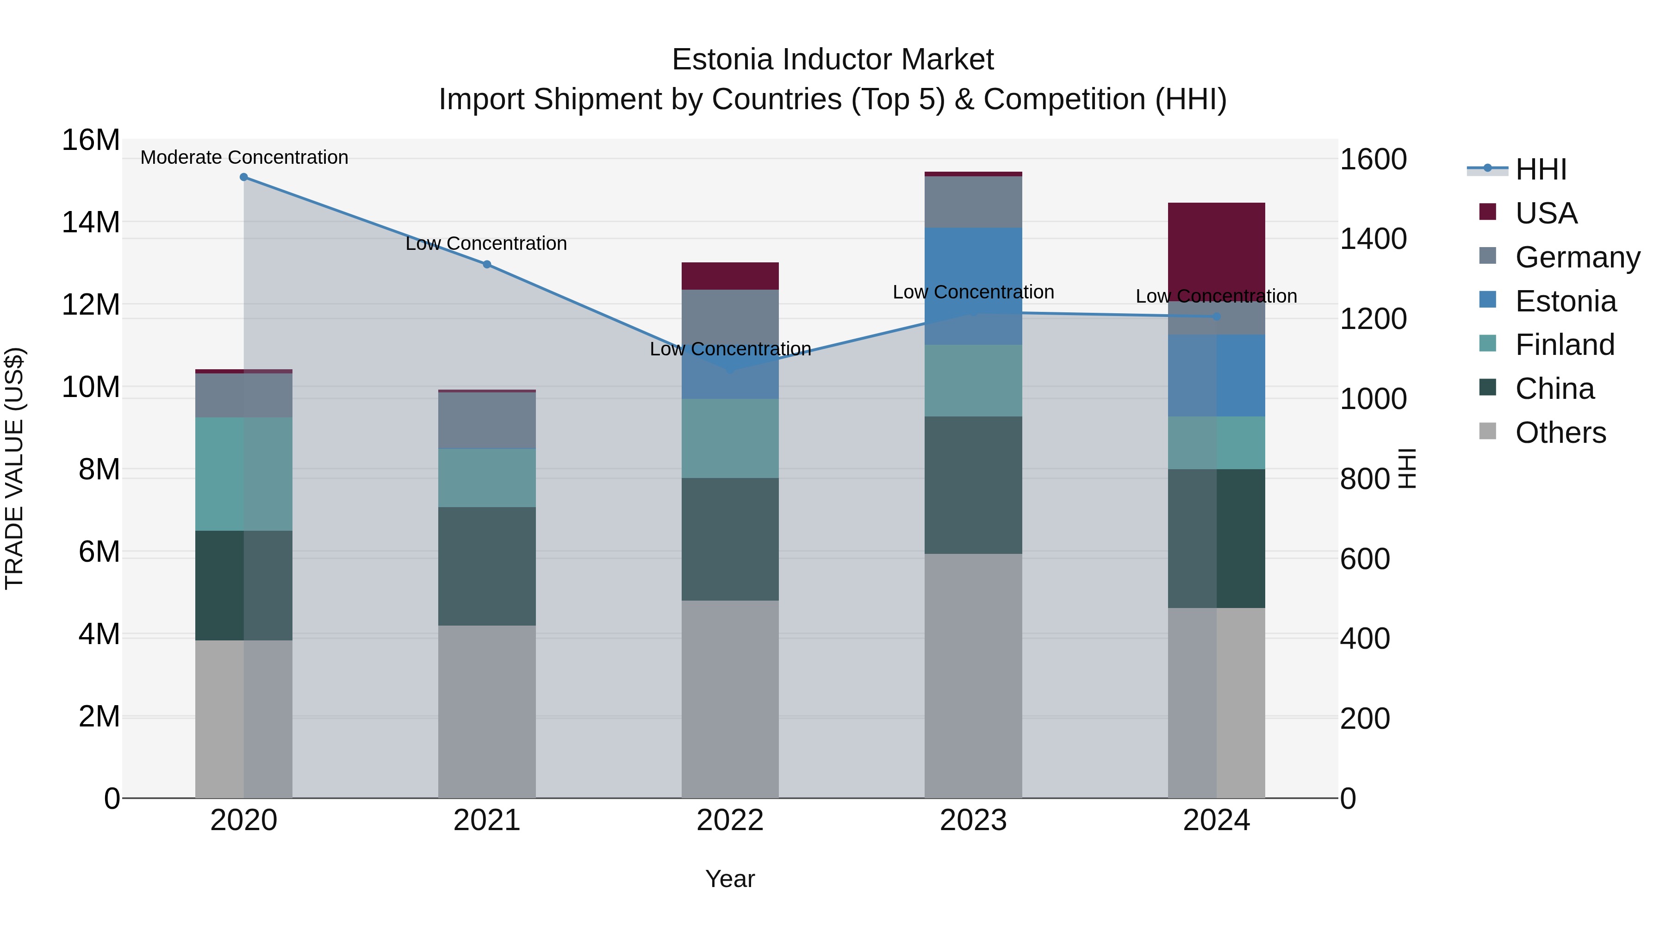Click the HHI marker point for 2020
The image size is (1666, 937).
pos(244,177)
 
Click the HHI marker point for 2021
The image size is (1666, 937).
pos(487,265)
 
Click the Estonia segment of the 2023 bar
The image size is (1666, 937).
pos(973,286)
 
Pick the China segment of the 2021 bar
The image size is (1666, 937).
pos(487,566)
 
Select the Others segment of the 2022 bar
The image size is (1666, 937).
pos(730,698)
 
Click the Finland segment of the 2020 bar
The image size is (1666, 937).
pos(244,474)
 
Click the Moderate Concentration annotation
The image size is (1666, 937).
pos(244,158)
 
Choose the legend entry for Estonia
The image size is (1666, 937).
pos(1565,301)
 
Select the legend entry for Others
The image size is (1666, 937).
pos(1560,433)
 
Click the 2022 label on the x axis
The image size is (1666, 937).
pos(730,820)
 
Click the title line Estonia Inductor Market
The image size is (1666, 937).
pos(833,60)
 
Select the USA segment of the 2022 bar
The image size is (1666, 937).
pos(730,276)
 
